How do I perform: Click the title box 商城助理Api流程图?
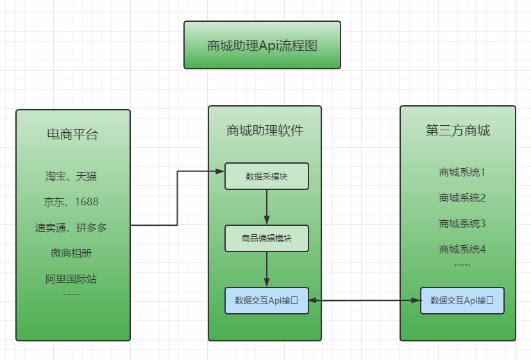point(262,45)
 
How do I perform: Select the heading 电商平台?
point(72,134)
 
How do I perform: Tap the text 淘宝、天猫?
point(71,176)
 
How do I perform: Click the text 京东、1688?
point(71,201)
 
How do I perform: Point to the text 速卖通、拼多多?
point(71,227)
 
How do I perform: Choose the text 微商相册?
point(71,253)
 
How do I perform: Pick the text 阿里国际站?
point(71,279)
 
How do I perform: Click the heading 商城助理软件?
point(265,130)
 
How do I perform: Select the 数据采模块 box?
point(266,176)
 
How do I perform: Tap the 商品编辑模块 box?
point(266,238)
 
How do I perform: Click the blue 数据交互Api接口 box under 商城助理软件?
point(266,300)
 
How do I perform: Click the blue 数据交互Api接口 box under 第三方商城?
point(462,300)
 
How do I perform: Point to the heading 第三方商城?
point(457,130)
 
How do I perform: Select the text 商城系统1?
point(462,172)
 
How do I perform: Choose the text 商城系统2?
point(462,198)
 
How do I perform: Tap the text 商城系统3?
point(462,223)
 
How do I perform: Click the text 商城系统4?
point(462,249)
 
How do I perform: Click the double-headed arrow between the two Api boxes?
point(364,300)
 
